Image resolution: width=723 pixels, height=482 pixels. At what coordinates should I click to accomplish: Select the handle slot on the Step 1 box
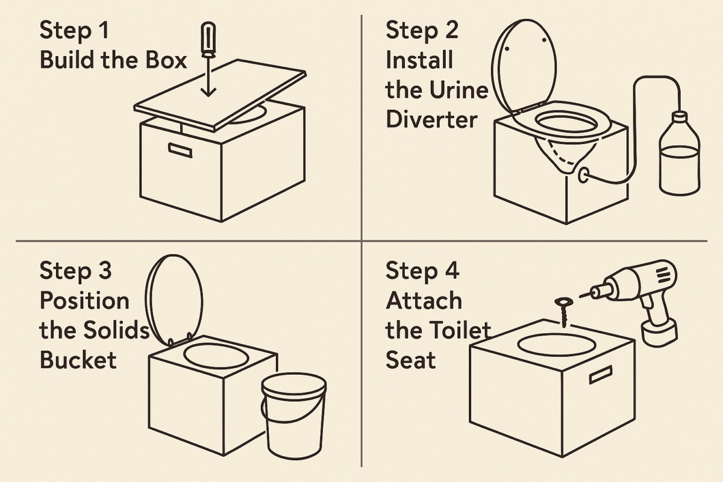[180, 149]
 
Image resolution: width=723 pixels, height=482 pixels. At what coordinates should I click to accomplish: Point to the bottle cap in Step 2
[680, 116]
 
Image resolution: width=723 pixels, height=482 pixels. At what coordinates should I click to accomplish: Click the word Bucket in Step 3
[78, 360]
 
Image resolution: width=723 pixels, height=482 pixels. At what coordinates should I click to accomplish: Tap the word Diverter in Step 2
[431, 119]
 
